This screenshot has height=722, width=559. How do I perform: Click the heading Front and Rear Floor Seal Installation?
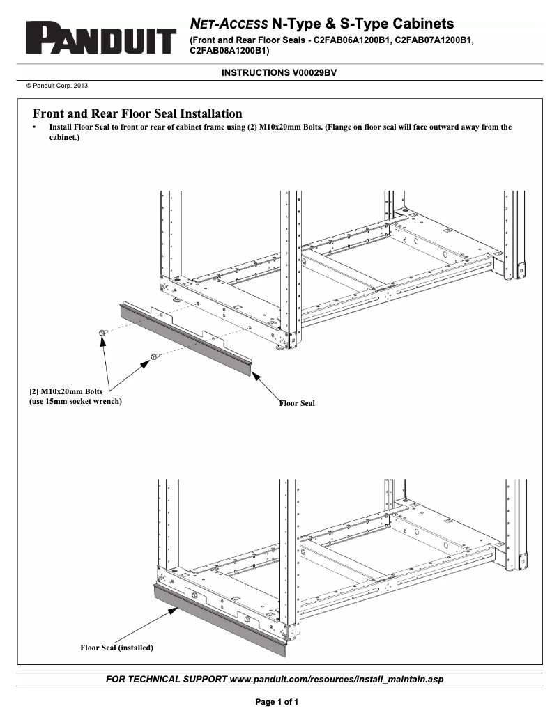point(138,113)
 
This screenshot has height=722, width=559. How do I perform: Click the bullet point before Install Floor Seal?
point(35,128)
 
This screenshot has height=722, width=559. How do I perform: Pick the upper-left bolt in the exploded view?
point(102,333)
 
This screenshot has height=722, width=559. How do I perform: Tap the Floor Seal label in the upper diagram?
point(297,403)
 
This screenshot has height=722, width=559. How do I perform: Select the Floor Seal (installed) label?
point(116,648)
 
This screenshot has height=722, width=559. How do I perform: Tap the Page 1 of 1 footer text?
point(277,702)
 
